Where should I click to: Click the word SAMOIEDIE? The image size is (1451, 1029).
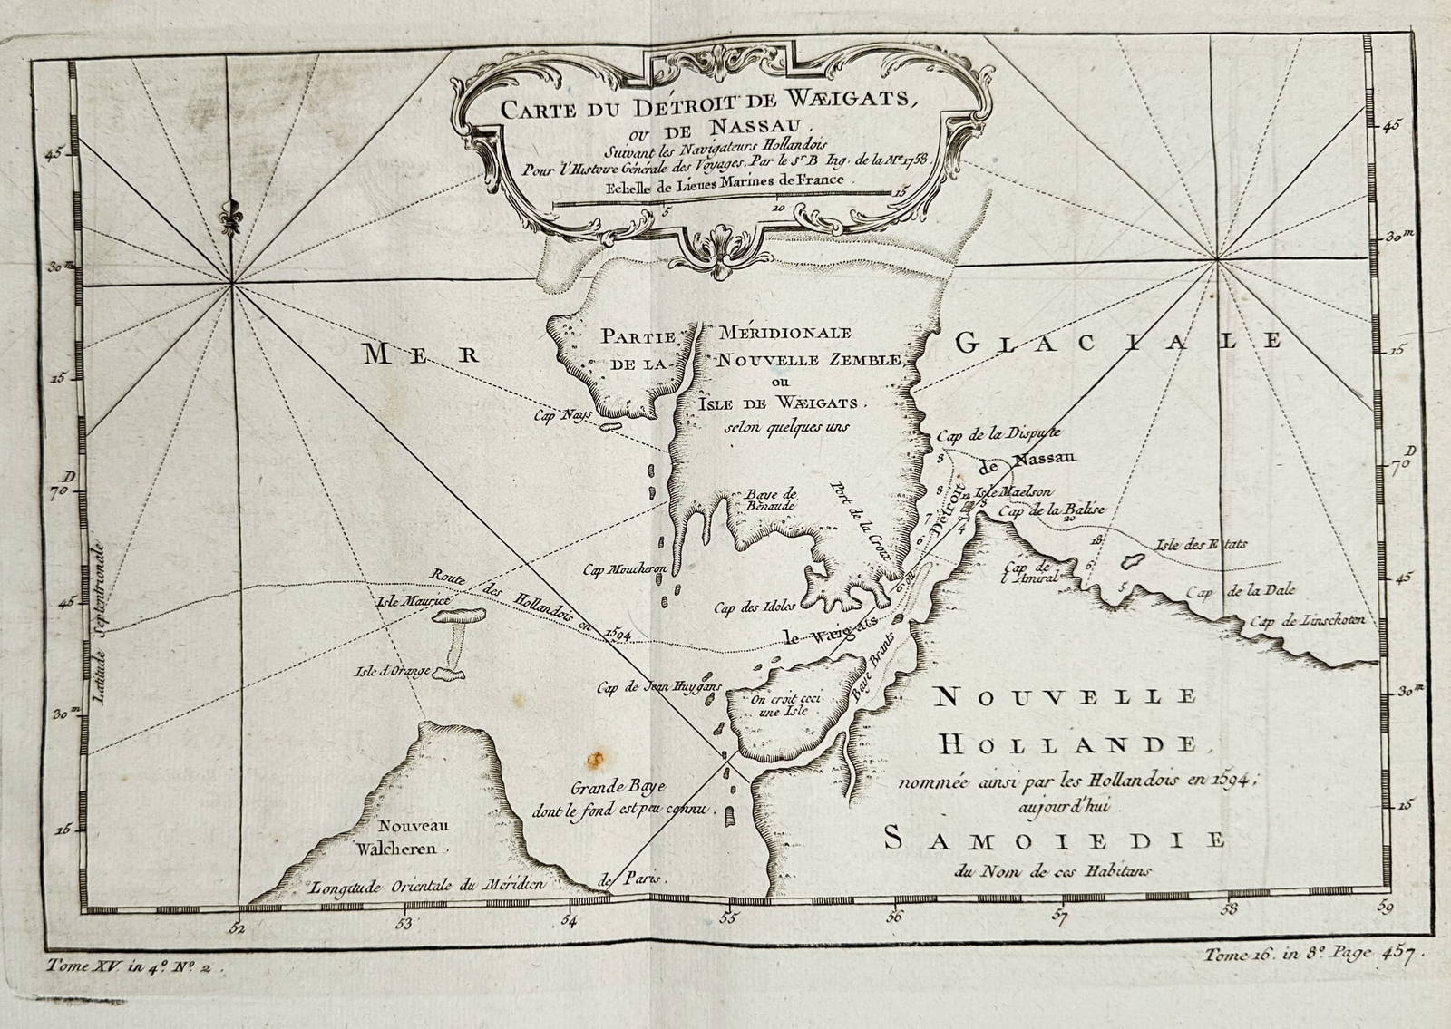1053,839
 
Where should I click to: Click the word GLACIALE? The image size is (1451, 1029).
1118,342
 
